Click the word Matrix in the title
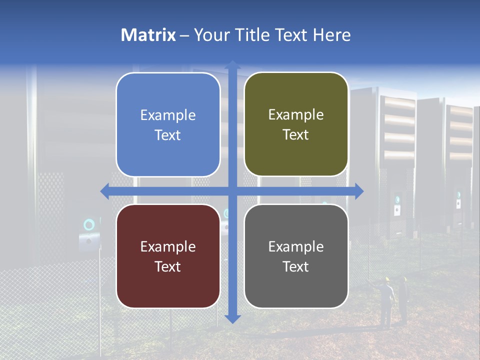tap(148, 35)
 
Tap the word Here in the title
tap(331, 35)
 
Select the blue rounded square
tap(168, 124)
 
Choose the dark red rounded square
tap(168, 256)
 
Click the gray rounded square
tap(296, 256)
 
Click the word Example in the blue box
tap(168, 115)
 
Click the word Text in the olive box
tap(296, 135)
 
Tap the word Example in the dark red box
tap(168, 246)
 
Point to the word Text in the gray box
tap(296, 266)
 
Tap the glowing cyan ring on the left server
tap(89, 225)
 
